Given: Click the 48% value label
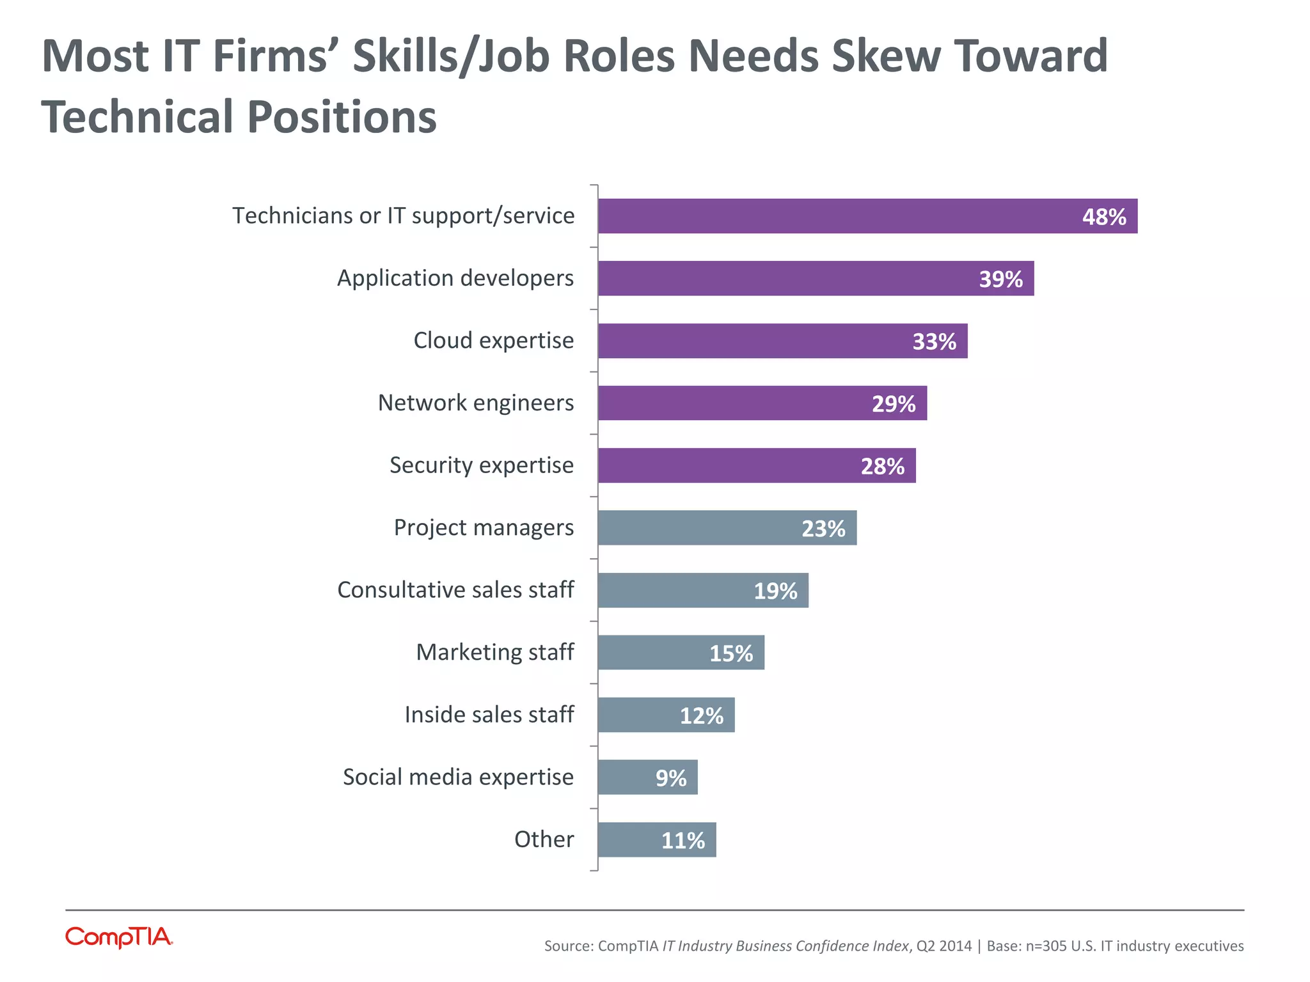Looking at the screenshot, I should [x=1103, y=217].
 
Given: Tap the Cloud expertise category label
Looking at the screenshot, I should [x=493, y=341].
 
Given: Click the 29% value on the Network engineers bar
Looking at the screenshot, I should [x=893, y=404].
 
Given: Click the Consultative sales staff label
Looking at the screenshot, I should [x=455, y=590].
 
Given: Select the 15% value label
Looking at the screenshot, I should [x=730, y=653].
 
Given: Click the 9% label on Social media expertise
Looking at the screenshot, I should [x=670, y=778].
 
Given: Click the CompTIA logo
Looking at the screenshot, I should [x=119, y=937].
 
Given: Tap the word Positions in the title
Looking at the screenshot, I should [x=342, y=118].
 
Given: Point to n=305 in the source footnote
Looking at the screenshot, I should [x=1050, y=946].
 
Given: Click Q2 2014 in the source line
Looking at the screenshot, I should [x=943, y=946].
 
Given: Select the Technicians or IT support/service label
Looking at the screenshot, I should [x=403, y=216].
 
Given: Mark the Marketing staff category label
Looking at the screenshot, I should [x=494, y=653].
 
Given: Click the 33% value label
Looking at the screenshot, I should [x=934, y=342].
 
